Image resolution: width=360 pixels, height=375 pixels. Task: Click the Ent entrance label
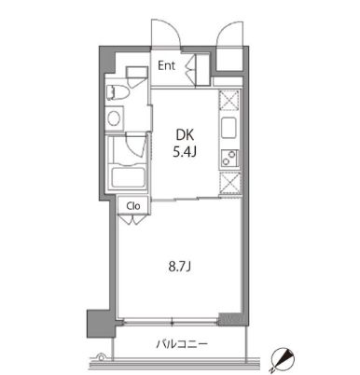167,65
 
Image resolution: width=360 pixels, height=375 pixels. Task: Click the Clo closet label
132,206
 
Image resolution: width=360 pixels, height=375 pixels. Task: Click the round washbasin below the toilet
115,118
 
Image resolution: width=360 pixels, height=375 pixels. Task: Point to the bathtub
124,177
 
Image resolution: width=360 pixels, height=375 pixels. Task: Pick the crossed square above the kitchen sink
228,100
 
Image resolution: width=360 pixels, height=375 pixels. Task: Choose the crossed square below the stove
228,184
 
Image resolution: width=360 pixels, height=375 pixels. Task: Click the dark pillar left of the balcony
96,324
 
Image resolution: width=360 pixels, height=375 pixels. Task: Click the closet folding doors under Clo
133,220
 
